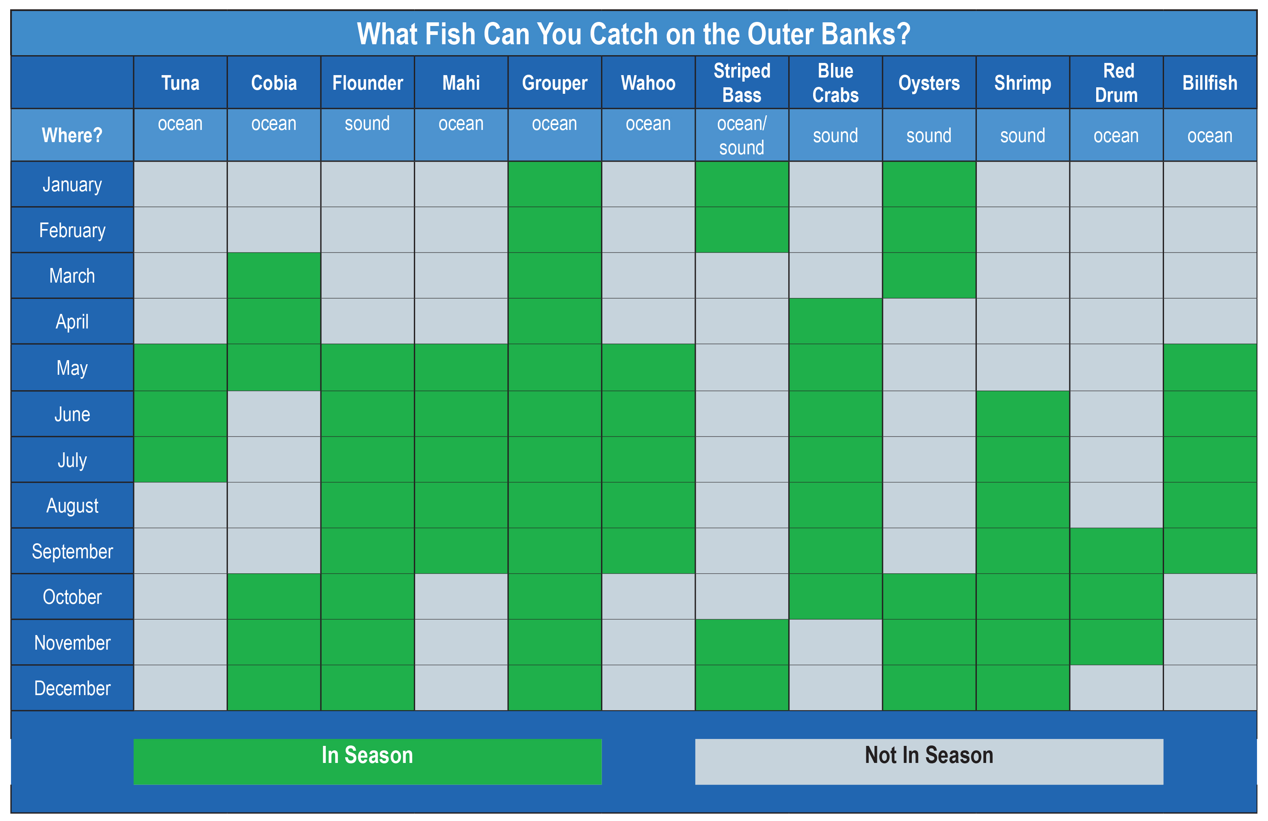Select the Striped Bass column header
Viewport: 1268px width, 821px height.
[x=742, y=82]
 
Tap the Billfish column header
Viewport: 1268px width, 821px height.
[x=1210, y=82]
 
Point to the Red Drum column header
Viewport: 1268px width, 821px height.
[x=1116, y=82]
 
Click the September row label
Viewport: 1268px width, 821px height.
[x=72, y=551]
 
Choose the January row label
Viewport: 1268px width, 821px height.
[x=72, y=184]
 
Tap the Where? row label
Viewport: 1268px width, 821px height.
[x=72, y=135]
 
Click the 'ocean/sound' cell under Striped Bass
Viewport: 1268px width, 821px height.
[x=742, y=135]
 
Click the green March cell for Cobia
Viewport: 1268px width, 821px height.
[x=274, y=275]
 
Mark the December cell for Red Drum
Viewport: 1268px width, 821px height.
[x=1116, y=687]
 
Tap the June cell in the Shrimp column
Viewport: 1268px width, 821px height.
[x=1022, y=414]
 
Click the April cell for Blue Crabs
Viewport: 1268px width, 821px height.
[x=835, y=321]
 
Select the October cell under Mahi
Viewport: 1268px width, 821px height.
[x=461, y=596]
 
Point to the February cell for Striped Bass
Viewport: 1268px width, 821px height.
[x=742, y=230]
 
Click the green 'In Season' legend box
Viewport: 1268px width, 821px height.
[x=367, y=761]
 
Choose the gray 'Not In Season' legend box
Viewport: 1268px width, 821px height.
[x=928, y=761]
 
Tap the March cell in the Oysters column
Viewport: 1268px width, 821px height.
[x=928, y=275]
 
